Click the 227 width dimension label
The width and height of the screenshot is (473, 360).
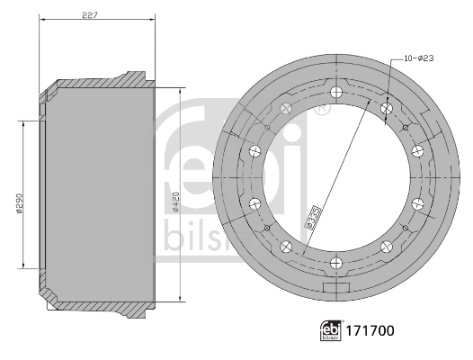[x=90, y=13]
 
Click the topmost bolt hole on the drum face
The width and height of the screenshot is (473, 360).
[x=335, y=92]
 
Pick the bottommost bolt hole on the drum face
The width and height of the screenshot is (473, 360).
[x=335, y=263]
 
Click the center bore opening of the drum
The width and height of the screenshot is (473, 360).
[x=335, y=177]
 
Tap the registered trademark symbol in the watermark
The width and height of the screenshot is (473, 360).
[x=321, y=111]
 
